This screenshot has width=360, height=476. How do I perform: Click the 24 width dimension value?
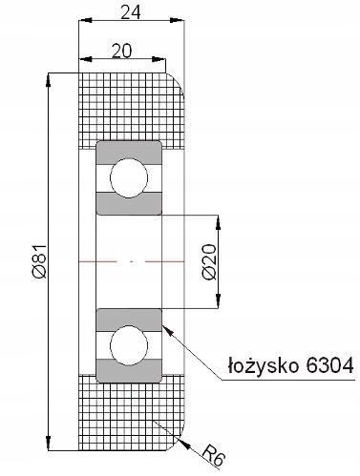131,12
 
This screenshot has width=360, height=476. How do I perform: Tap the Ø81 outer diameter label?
41,261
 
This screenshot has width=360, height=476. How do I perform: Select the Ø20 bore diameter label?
210,261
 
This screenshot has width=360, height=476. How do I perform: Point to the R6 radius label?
214,457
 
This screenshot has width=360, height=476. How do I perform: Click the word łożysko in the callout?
264,366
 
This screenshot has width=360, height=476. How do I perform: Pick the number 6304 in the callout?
329,365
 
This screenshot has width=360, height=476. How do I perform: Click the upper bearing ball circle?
129,178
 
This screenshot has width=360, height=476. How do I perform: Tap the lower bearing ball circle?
129,345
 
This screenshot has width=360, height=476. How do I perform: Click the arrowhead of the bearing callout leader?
168,331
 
